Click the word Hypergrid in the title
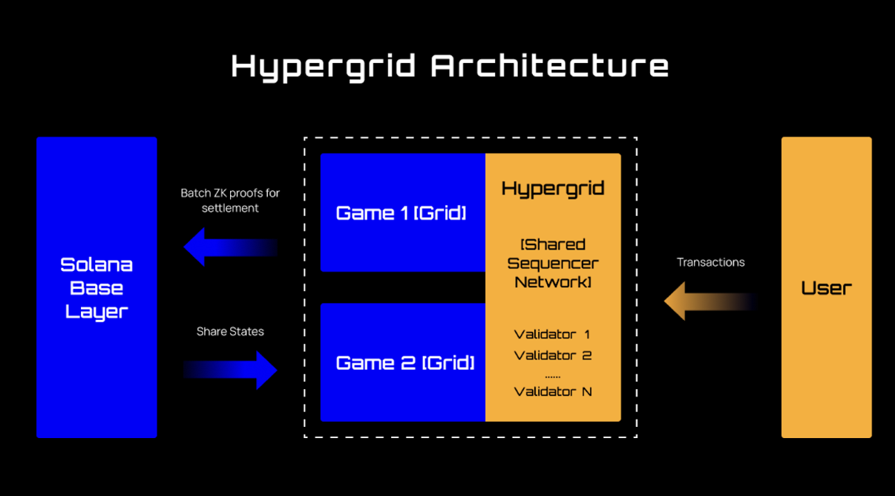pyautogui.click(x=324, y=66)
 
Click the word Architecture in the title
pyautogui.click(x=549, y=65)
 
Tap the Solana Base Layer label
pyautogui.click(x=96, y=288)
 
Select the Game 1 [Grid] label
pyautogui.click(x=401, y=214)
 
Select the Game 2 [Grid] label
pyautogui.click(x=405, y=363)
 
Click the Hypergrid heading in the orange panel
pyautogui.click(x=553, y=189)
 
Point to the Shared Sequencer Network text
pyautogui.click(x=553, y=264)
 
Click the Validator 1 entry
pyautogui.click(x=553, y=334)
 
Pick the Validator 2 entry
pyautogui.click(x=553, y=355)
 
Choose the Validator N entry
pyautogui.click(x=553, y=391)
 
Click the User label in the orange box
pyautogui.click(x=826, y=288)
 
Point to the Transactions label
pyautogui.click(x=710, y=262)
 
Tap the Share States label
pyautogui.click(x=230, y=331)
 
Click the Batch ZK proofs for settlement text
pyautogui.click(x=230, y=200)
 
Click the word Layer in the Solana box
pyautogui.click(x=96, y=312)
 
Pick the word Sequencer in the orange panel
pyautogui.click(x=553, y=264)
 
